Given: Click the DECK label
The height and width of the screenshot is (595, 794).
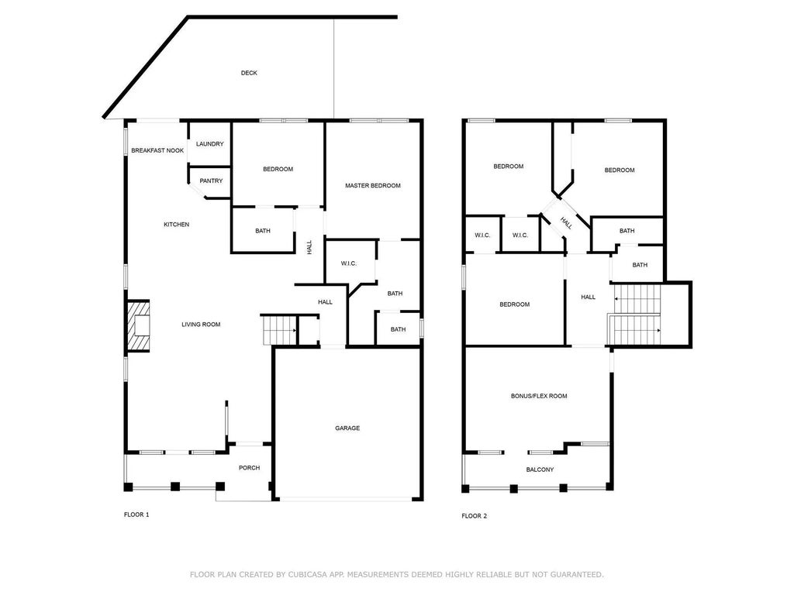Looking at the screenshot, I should coord(248,73).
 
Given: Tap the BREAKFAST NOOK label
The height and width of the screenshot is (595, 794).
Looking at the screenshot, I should coord(157,150).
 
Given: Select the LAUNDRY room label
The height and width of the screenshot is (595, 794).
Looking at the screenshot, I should coord(209,144).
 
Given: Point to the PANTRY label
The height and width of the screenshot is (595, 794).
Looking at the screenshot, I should coord(211,181).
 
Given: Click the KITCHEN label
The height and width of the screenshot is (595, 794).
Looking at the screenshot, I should coord(176,225).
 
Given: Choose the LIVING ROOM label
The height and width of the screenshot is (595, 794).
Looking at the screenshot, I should coord(201,325).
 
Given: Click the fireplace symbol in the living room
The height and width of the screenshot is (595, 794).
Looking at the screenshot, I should coord(140,326).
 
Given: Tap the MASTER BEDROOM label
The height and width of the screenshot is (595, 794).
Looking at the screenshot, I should coord(373,186).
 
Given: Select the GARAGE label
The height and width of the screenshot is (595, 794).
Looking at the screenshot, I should coord(347,428).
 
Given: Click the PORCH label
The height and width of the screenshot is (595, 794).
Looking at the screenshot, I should coord(249,468).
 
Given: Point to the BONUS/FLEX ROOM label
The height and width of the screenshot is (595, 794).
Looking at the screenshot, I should coord(538,396).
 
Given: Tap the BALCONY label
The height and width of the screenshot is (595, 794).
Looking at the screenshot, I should coord(540,469).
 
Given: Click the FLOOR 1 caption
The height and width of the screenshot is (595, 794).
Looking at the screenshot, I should coord(136,514).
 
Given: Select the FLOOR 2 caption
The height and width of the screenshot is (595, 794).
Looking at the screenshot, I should coord(474,516).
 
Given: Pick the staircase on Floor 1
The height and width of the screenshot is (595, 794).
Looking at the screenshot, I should coord(280,330).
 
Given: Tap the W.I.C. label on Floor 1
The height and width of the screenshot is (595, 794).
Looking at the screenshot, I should coord(348,264).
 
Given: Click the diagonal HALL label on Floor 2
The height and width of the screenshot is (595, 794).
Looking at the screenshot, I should coord(566,222).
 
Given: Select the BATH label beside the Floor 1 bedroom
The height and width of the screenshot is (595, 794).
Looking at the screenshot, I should coord(262,231).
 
